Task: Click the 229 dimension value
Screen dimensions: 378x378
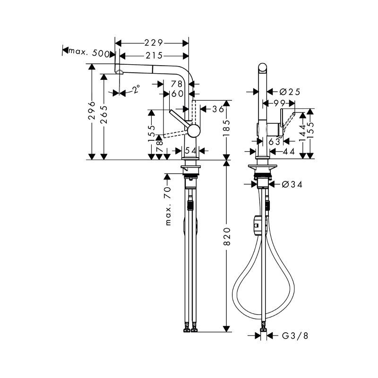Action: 154,43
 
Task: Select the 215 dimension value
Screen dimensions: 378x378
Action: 154,56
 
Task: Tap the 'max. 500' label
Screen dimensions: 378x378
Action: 89,52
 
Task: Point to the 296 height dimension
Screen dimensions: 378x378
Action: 92,111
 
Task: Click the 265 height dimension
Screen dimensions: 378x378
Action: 104,114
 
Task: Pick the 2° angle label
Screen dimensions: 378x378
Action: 136,89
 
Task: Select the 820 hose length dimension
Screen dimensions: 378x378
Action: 227,237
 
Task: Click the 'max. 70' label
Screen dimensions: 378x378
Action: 168,206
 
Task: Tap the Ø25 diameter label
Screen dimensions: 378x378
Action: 290,92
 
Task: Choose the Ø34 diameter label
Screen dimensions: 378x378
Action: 292,185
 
